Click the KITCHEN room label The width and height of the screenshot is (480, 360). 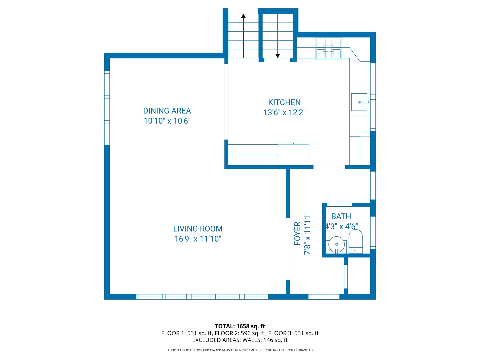(284, 102)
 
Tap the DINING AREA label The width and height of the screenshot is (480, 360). (167, 111)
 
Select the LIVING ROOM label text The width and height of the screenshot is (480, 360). (198, 229)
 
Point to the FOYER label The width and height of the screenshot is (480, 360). (297, 234)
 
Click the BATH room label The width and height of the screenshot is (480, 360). (341, 216)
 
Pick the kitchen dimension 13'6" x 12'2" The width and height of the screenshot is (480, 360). (284, 112)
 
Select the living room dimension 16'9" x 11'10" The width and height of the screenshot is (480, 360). (198, 239)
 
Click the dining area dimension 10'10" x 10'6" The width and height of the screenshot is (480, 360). (167, 121)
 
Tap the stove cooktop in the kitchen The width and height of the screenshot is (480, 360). (328, 49)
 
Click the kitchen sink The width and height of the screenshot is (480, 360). (359, 102)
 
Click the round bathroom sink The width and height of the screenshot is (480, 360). (337, 244)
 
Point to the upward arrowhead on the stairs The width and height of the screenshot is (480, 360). (244, 16)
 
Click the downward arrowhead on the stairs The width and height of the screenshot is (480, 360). (278, 56)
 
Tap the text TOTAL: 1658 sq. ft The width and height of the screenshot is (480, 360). (240, 326)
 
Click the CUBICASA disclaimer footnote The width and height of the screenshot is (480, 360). (240, 350)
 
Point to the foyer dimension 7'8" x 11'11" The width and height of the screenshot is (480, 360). (307, 234)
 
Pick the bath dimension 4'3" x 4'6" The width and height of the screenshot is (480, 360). (342, 226)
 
